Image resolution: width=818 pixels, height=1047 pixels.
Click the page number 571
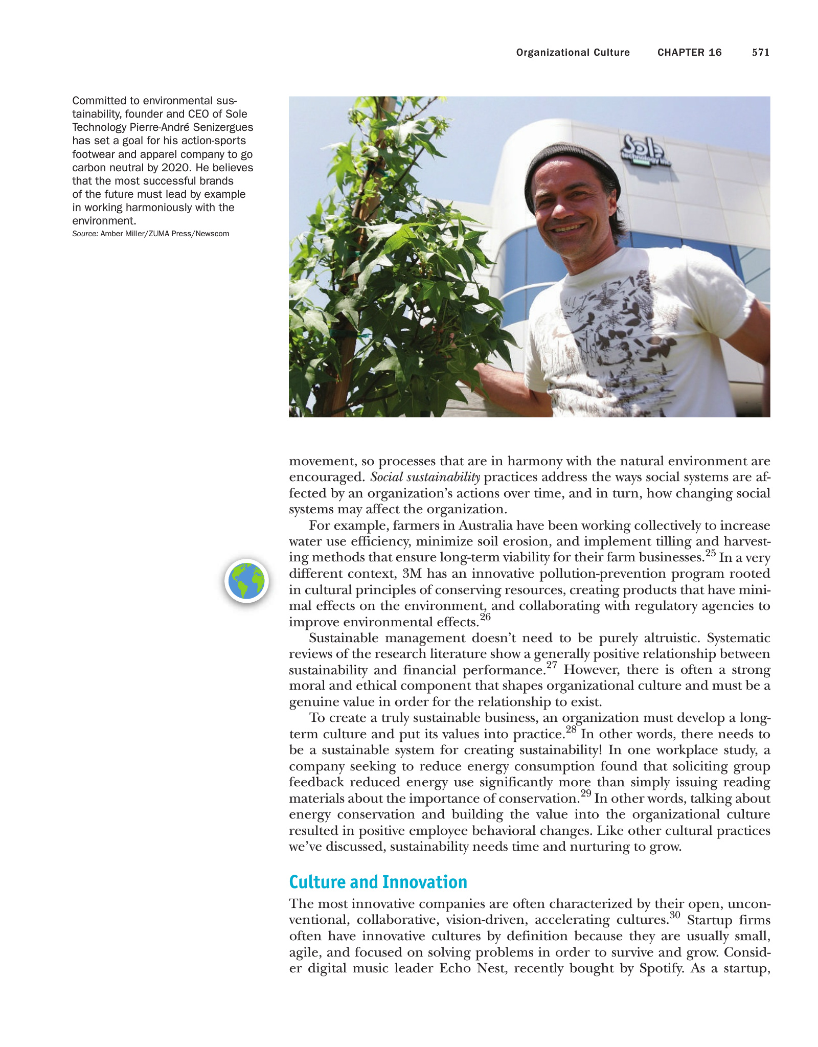pos(760,52)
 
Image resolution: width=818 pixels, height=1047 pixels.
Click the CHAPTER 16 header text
pos(689,52)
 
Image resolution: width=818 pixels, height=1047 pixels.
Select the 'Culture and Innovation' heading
pos(378,882)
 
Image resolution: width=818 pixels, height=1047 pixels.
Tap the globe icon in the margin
pos(246,581)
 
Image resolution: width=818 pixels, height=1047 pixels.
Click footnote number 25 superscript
pos(710,553)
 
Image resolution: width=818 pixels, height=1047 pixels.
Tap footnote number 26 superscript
pos(485,617)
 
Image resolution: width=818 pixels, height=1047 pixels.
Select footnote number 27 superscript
pos(551,665)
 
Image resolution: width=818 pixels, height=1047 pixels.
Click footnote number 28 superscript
pos(571,730)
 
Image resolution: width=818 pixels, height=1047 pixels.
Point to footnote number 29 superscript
pos(585,793)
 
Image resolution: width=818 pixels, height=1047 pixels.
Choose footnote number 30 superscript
pos(675,915)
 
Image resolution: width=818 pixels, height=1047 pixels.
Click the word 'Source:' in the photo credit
pos(85,234)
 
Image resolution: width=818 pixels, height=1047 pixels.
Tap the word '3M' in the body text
pos(412,574)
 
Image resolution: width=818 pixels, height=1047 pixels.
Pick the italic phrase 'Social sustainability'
pos(425,477)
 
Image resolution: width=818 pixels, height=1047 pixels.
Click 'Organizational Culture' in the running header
pos(573,52)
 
